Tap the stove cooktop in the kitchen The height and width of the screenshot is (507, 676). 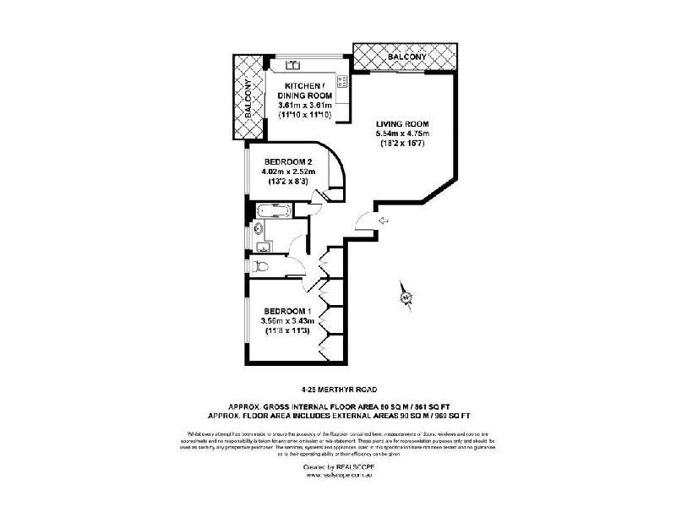coord(343,81)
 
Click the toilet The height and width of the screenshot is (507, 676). coord(263,268)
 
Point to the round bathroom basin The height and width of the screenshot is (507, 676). coord(259,227)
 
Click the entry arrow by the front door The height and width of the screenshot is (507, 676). coord(383,221)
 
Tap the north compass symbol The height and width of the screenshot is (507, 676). coord(406,296)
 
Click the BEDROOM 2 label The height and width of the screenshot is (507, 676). coord(289,162)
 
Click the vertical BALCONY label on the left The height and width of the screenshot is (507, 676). coord(248,100)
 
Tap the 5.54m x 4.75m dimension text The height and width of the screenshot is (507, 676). coord(403,134)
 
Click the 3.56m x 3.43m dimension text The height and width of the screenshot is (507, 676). coord(287,321)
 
